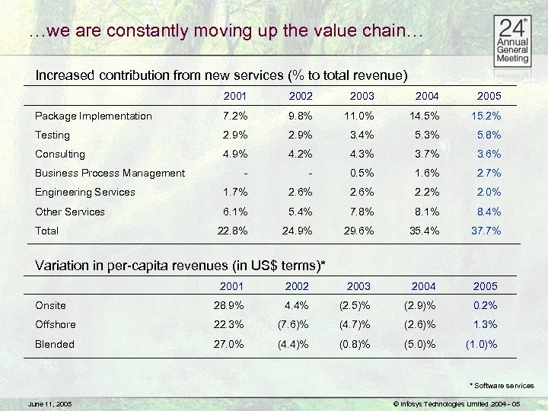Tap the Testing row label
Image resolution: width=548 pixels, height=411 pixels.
[53, 135]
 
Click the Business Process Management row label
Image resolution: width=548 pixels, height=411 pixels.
[110, 173]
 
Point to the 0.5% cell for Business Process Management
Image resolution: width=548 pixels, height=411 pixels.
[361, 173]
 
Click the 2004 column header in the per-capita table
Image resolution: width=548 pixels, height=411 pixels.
[424, 286]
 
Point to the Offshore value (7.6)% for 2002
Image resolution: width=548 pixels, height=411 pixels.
[292, 324]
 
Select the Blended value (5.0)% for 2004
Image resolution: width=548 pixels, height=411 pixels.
[420, 344]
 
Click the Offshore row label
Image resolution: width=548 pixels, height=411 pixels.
[55, 324]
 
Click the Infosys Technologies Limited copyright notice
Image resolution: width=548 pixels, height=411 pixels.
[455, 403]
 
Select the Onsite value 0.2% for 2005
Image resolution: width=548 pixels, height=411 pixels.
[485, 305]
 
